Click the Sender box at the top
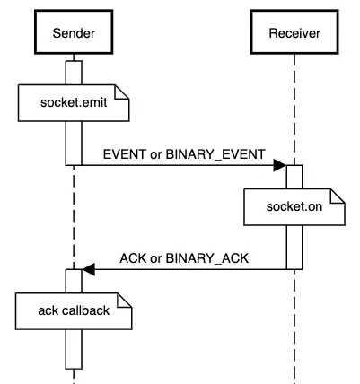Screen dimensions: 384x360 click(x=74, y=34)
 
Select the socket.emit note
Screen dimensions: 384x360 click(x=74, y=102)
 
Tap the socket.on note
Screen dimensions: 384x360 click(x=294, y=207)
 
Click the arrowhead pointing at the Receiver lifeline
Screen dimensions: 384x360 click(x=279, y=165)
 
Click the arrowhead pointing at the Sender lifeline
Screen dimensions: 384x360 click(x=88, y=268)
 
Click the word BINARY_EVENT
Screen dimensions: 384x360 click(x=220, y=153)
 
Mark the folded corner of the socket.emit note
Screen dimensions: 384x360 click(x=124, y=92)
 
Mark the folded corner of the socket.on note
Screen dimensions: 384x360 click(x=338, y=196)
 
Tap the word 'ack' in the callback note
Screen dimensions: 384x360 click(x=48, y=311)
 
